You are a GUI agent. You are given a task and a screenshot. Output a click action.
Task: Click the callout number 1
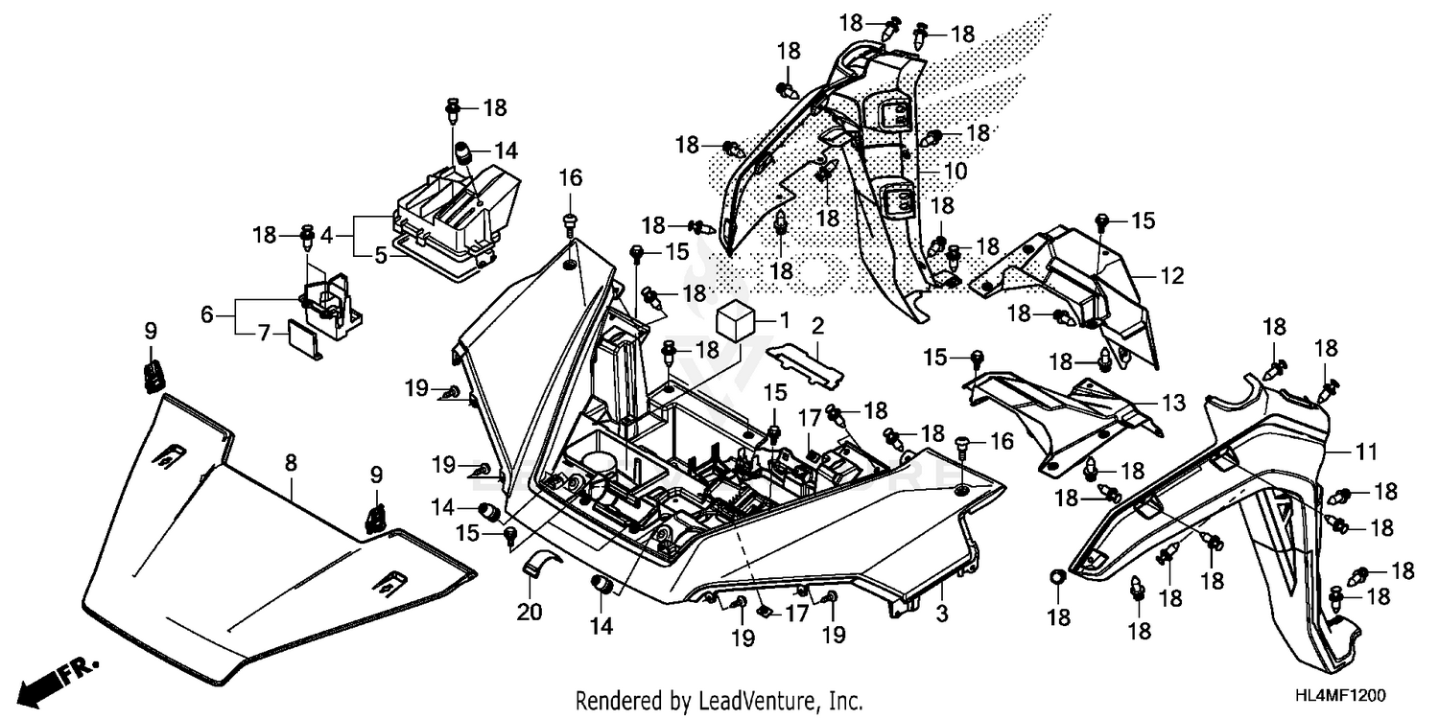(x=783, y=316)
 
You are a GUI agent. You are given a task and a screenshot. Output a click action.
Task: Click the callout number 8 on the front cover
(x=291, y=463)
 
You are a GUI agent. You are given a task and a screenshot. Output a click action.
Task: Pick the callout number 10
(x=955, y=173)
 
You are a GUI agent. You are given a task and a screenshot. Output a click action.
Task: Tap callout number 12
(x=1171, y=276)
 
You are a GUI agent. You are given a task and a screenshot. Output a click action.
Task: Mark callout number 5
(x=380, y=256)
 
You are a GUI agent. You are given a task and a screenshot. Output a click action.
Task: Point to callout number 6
(x=206, y=313)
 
